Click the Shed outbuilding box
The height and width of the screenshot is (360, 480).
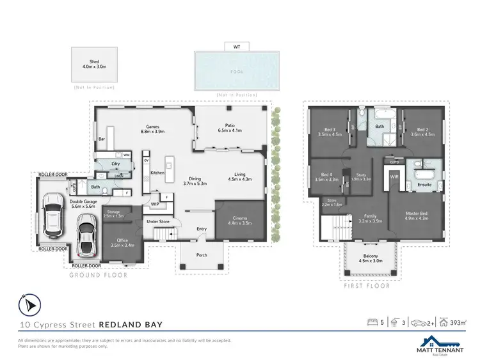click(94, 65)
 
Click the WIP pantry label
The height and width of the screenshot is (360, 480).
click(155, 205)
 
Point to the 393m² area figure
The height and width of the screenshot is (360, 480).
click(457, 322)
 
